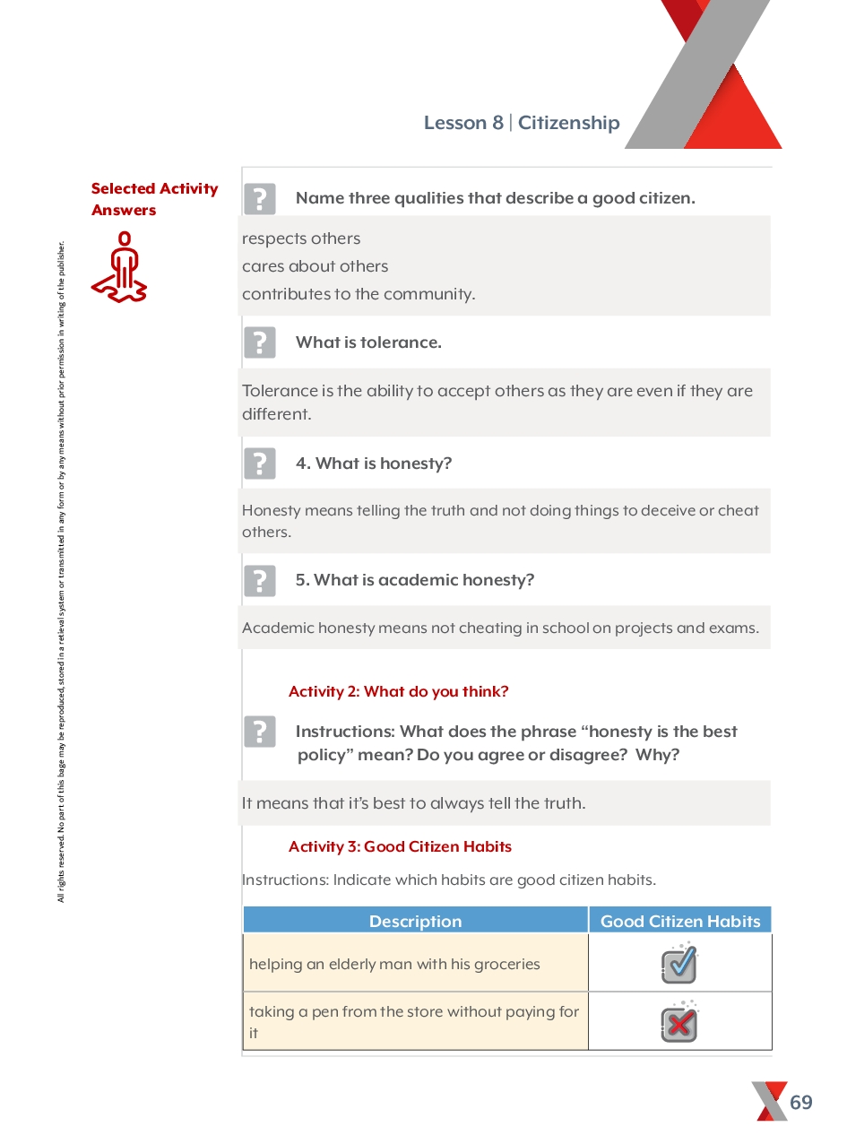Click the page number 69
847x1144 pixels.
coord(801,1102)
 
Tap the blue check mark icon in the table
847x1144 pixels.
coord(679,964)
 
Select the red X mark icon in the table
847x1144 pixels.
coord(679,1023)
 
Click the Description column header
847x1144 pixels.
coord(415,921)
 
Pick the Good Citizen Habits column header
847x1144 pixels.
coord(680,921)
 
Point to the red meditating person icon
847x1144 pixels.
coord(119,267)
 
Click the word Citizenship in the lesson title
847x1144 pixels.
coord(568,123)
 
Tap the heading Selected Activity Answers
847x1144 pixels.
coord(154,199)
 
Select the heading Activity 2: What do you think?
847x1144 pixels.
coord(398,691)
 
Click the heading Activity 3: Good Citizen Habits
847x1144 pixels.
coord(400,846)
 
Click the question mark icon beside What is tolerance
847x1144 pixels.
coord(260,342)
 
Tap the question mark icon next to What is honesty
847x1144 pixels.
coord(260,464)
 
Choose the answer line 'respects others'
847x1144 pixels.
coord(301,238)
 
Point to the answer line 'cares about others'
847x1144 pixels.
coord(315,266)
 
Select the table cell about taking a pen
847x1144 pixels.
coord(414,1022)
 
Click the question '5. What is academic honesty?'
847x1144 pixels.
coord(415,580)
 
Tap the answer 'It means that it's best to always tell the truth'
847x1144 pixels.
coord(413,803)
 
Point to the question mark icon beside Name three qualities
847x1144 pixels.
coord(260,199)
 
